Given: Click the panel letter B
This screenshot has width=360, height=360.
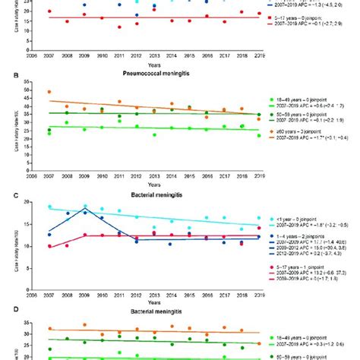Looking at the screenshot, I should click(x=6, y=76).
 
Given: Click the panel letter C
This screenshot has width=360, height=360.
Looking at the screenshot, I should click(x=6, y=194).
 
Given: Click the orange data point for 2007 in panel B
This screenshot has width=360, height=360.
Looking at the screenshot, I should click(x=49, y=92).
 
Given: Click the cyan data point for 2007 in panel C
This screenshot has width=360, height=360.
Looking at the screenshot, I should click(x=49, y=207).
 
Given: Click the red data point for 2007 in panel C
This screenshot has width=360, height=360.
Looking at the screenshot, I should click(x=49, y=247).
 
